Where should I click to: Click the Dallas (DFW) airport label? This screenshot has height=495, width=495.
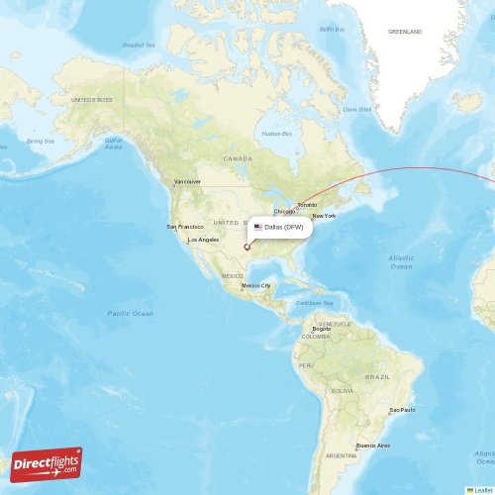coord(286,227)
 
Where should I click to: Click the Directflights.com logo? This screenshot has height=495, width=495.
coord(47,463)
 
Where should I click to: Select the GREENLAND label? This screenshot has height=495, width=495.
coord(404,32)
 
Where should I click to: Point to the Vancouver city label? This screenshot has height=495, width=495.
coord(186,182)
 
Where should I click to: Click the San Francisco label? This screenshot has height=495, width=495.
coord(184,227)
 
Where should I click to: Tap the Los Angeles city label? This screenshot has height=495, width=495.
coord(203,240)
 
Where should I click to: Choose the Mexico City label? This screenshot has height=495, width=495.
coord(255,285)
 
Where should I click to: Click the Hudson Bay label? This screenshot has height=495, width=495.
coord(277,134)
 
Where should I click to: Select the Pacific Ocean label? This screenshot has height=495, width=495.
coord(131,313)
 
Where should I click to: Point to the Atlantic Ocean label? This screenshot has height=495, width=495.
coord(401,262)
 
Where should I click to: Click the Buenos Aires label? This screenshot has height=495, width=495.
coord(372,445)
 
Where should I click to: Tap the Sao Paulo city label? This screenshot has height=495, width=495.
coord(401,409)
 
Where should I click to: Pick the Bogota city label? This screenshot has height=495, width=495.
coord(321,329)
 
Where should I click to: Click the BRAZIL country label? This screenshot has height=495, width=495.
coord(377,377)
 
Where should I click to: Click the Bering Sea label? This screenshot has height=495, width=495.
coord(41,141)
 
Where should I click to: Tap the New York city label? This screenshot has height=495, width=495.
coord(324,216)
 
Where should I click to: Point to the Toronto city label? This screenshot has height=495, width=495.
coord(307,205)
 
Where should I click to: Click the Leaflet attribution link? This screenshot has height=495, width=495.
coord(482,489)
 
